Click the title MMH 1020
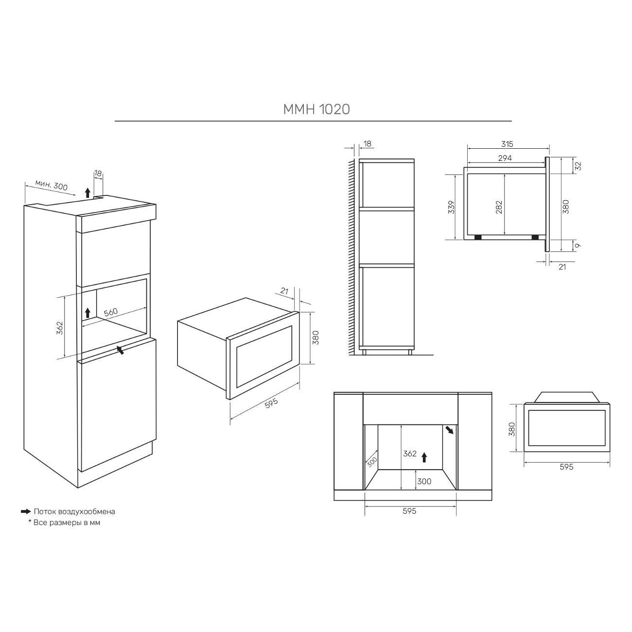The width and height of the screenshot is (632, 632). point(316,109)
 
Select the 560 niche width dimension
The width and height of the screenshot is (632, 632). point(111,312)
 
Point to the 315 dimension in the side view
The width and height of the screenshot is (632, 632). point(507,144)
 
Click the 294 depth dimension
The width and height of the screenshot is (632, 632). point(505,158)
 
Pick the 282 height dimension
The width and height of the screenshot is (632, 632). point(499,207)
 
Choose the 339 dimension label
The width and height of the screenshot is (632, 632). point(452,207)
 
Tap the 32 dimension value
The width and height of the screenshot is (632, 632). point(578,166)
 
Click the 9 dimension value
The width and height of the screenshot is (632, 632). point(578,246)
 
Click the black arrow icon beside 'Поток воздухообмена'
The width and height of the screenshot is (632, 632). point(26,511)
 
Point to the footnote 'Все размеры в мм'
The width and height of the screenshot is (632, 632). point(67,523)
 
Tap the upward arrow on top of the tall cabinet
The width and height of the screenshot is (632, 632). point(87,193)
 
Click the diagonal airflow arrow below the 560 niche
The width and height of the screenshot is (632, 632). point(121,350)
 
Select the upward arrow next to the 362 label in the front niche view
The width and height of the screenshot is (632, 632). point(424,457)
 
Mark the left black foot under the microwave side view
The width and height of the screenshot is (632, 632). point(477,237)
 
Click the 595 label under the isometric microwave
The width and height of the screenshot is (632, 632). point(271,403)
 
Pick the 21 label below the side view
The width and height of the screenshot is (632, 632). point(562,267)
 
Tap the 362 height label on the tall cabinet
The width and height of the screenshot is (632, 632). point(60,328)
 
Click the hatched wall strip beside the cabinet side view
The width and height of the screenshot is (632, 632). point(351,257)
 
